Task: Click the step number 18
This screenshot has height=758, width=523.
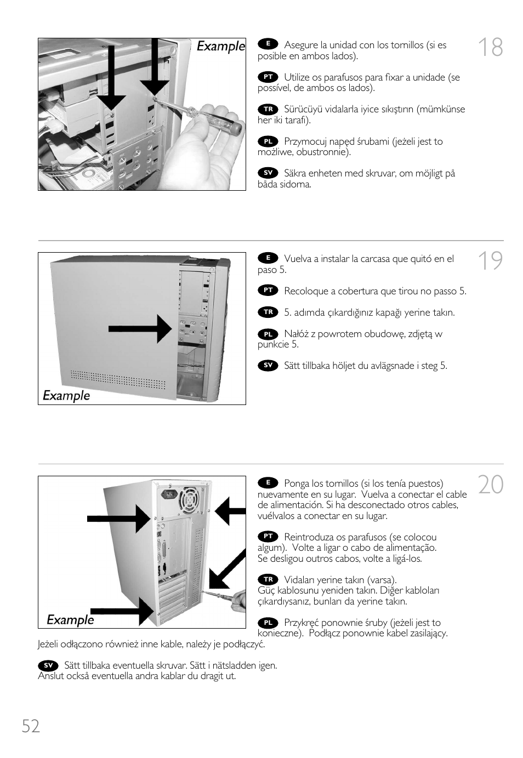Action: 490,48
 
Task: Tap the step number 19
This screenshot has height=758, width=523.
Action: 490,261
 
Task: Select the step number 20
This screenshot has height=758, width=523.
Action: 490,485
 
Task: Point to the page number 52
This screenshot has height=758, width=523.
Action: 31,726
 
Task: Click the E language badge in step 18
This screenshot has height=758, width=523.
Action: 268,44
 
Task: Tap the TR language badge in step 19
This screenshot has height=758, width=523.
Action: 268,312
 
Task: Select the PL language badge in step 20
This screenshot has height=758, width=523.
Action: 268,623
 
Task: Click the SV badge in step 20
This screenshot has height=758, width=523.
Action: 48,665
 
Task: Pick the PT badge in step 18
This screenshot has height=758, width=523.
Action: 268,77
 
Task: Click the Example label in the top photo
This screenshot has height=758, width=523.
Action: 221,47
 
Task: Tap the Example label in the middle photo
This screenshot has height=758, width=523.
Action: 66,396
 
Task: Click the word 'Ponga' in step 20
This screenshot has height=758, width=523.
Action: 297,483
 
